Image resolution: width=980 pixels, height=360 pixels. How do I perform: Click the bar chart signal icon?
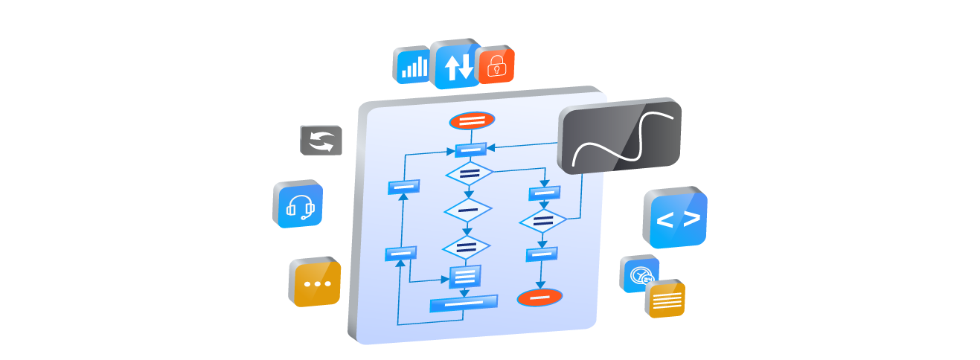(x=414, y=67)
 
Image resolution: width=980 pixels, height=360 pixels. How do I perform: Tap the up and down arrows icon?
(x=458, y=67)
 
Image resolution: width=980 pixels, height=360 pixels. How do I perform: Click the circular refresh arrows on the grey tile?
(x=321, y=141)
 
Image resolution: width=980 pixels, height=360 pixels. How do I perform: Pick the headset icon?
(x=301, y=207)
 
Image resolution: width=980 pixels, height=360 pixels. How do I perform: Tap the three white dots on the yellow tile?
(x=318, y=284)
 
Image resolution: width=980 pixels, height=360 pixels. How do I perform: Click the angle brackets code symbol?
(x=678, y=219)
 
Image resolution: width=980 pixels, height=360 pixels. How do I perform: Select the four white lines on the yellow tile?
(x=667, y=300)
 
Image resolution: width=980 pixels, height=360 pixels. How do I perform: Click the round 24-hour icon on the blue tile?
(x=640, y=277)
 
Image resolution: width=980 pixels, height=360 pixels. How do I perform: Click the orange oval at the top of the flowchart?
(x=472, y=120)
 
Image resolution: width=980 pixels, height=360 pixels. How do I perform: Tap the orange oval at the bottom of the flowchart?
(x=539, y=298)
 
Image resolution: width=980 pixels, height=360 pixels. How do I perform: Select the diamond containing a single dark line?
(x=468, y=210)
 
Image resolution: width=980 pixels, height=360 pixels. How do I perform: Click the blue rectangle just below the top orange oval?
(x=470, y=150)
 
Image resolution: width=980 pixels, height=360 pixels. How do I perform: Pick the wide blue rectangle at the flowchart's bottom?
(x=464, y=303)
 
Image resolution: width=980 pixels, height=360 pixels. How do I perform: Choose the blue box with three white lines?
(x=465, y=277)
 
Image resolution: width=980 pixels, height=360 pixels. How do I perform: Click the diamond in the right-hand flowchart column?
(x=543, y=222)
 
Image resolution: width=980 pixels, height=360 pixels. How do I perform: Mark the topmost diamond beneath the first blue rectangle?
(x=469, y=174)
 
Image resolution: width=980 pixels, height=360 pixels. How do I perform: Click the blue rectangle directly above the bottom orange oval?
(x=542, y=254)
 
